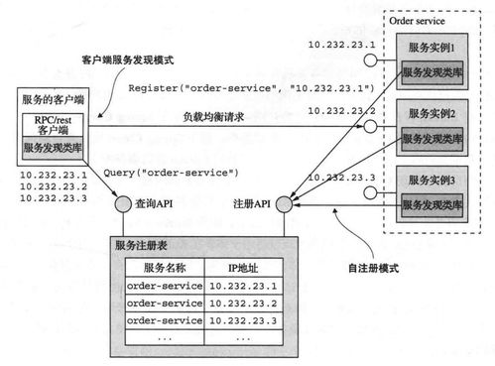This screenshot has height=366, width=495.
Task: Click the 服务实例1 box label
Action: (434, 47)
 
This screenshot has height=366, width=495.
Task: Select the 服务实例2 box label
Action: (434, 115)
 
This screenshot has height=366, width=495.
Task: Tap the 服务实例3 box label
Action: (434, 183)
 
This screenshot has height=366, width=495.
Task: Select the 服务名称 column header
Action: (165, 267)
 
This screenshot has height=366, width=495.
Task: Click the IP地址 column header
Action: (245, 267)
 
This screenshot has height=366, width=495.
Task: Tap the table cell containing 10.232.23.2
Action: (245, 304)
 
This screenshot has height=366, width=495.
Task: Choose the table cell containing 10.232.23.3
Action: (245, 320)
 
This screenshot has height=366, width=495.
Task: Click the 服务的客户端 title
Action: (51, 100)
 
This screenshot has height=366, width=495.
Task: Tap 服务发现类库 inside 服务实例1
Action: (434, 71)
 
